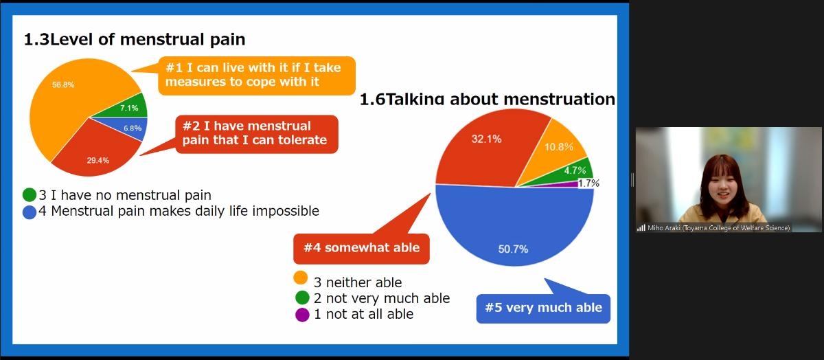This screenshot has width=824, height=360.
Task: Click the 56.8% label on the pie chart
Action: click(x=63, y=85)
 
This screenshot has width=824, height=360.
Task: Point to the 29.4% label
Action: click(x=98, y=161)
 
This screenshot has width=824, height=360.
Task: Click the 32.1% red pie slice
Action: click(x=485, y=147)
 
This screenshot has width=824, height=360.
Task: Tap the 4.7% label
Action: click(x=575, y=170)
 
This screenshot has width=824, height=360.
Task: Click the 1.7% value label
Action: click(x=589, y=183)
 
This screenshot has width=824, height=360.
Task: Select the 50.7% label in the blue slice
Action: click(x=513, y=249)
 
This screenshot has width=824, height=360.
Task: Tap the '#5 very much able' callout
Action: click(x=543, y=308)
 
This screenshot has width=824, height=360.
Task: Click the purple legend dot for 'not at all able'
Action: click(x=302, y=315)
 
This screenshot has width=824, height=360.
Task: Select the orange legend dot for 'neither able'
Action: click(x=301, y=278)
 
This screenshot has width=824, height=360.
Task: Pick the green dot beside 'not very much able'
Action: click(x=302, y=297)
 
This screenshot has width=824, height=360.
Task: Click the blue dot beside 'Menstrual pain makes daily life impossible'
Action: click(x=30, y=212)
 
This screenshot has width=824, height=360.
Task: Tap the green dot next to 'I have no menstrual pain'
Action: click(x=30, y=194)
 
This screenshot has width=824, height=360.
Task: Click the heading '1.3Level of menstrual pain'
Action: click(x=135, y=39)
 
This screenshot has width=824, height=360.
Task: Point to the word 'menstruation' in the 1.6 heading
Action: click(x=559, y=99)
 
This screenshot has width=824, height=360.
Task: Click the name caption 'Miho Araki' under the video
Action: click(x=663, y=228)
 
